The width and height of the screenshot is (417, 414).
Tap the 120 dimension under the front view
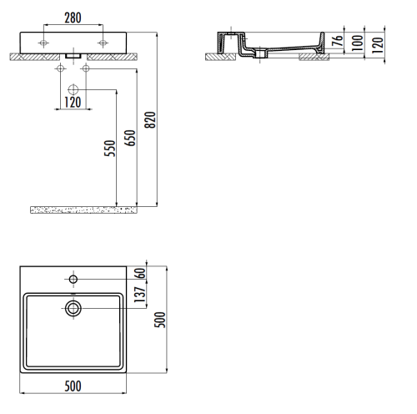coord(73,102)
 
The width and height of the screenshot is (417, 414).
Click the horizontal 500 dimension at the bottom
coord(74,387)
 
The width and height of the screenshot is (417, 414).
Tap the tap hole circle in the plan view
coord(73,278)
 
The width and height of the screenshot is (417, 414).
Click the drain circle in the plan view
coord(73,308)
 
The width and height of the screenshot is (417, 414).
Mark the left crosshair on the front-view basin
coord(44,41)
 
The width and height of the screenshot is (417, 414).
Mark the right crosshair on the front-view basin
coord(102,41)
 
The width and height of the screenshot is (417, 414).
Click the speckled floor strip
coord(83,209)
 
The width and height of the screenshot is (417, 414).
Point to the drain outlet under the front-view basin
coord(73,56)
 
